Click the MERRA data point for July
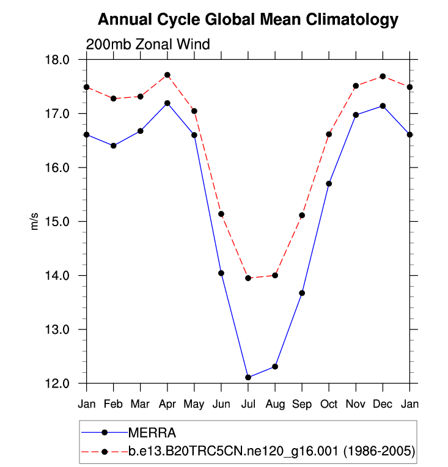(248, 377)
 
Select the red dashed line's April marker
(167, 75)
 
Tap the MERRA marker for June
(221, 273)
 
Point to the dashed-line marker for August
(275, 275)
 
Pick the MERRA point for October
(329, 183)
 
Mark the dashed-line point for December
(383, 76)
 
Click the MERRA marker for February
(114, 145)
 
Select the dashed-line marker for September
(302, 215)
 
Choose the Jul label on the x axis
(248, 404)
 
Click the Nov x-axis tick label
(356, 404)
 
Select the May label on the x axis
(194, 404)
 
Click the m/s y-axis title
(35, 221)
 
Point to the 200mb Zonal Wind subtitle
(147, 45)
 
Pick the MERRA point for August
(275, 366)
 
